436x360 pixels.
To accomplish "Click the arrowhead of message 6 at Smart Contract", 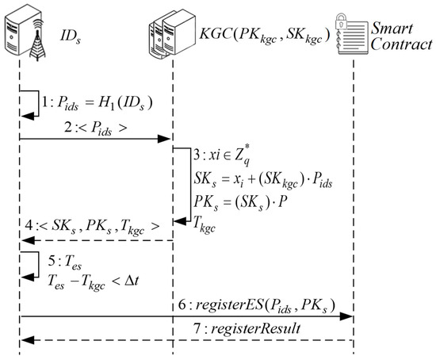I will [347, 317].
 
